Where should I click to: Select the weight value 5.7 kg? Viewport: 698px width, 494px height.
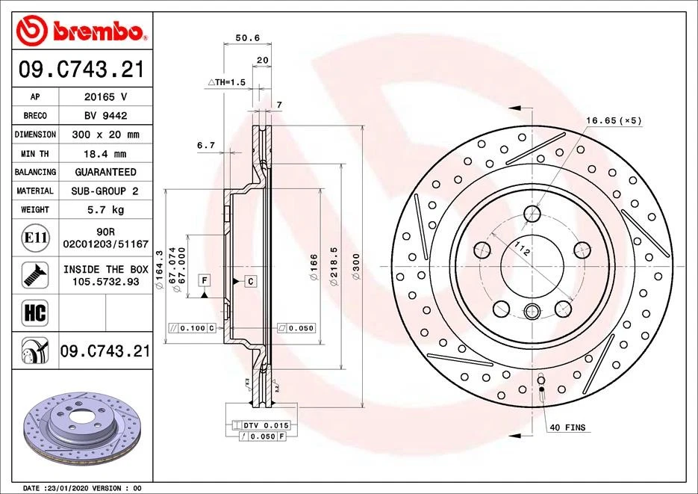(x=104, y=210)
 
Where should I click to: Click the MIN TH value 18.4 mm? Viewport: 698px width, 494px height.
(x=104, y=153)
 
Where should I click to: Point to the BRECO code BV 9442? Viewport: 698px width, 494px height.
(x=104, y=116)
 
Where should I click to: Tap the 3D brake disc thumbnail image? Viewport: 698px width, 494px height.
(x=79, y=428)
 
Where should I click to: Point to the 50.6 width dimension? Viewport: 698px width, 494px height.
(x=247, y=37)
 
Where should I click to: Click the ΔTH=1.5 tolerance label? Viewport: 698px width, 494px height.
(x=226, y=81)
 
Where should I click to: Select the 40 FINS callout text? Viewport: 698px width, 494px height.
(x=567, y=427)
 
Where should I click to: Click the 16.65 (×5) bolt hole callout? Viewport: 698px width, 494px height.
(x=614, y=120)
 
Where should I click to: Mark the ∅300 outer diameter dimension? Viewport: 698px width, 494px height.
(x=356, y=262)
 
